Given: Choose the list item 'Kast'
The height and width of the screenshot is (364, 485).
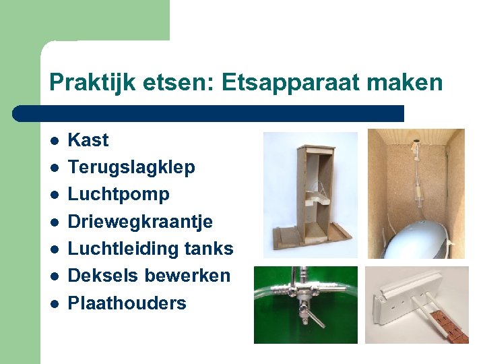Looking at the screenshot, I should pos(88,140).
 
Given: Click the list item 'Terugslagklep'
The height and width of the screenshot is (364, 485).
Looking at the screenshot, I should pos(131,167).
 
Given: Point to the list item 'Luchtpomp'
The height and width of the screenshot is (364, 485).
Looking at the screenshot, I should pos(119,194).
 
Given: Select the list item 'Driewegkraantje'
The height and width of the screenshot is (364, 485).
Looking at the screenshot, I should pos(140,222).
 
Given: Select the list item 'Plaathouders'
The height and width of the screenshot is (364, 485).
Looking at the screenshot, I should pos(127,303).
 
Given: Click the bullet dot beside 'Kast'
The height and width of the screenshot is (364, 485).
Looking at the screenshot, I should pos(54,141).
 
